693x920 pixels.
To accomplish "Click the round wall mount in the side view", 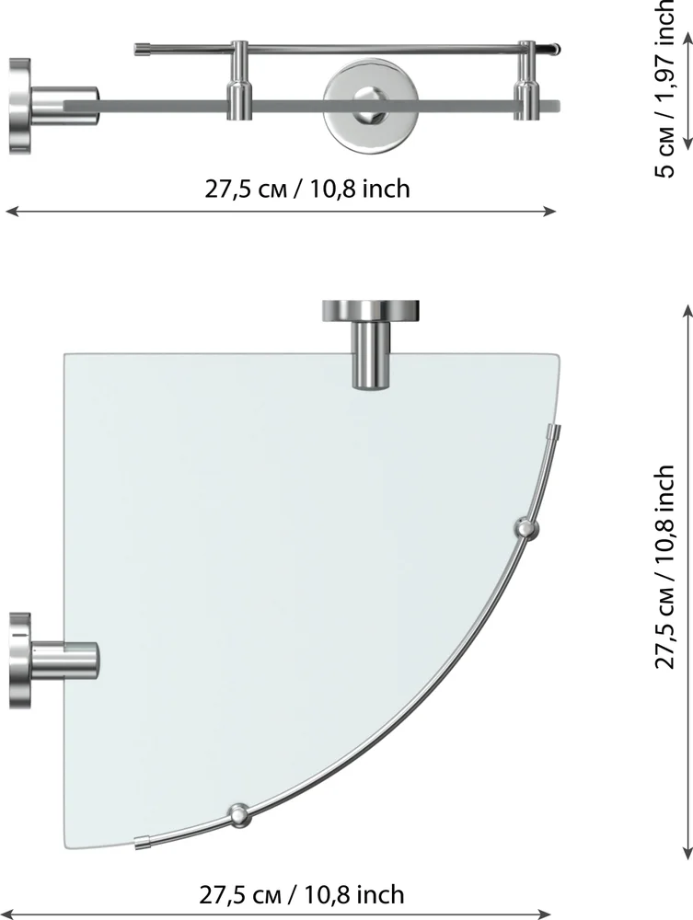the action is coord(370,106).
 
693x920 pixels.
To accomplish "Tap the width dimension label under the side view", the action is coord(306,189).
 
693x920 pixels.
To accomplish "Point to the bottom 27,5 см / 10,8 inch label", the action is coord(302,895).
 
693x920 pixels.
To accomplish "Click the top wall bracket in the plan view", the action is coord(371,344).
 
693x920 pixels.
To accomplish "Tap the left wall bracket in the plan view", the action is coord(54,660).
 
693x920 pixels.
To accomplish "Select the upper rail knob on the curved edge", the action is coord(526,530).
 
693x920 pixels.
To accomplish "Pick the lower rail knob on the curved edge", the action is coord(240,815).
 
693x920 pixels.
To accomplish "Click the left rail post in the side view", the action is coord(239,80).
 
